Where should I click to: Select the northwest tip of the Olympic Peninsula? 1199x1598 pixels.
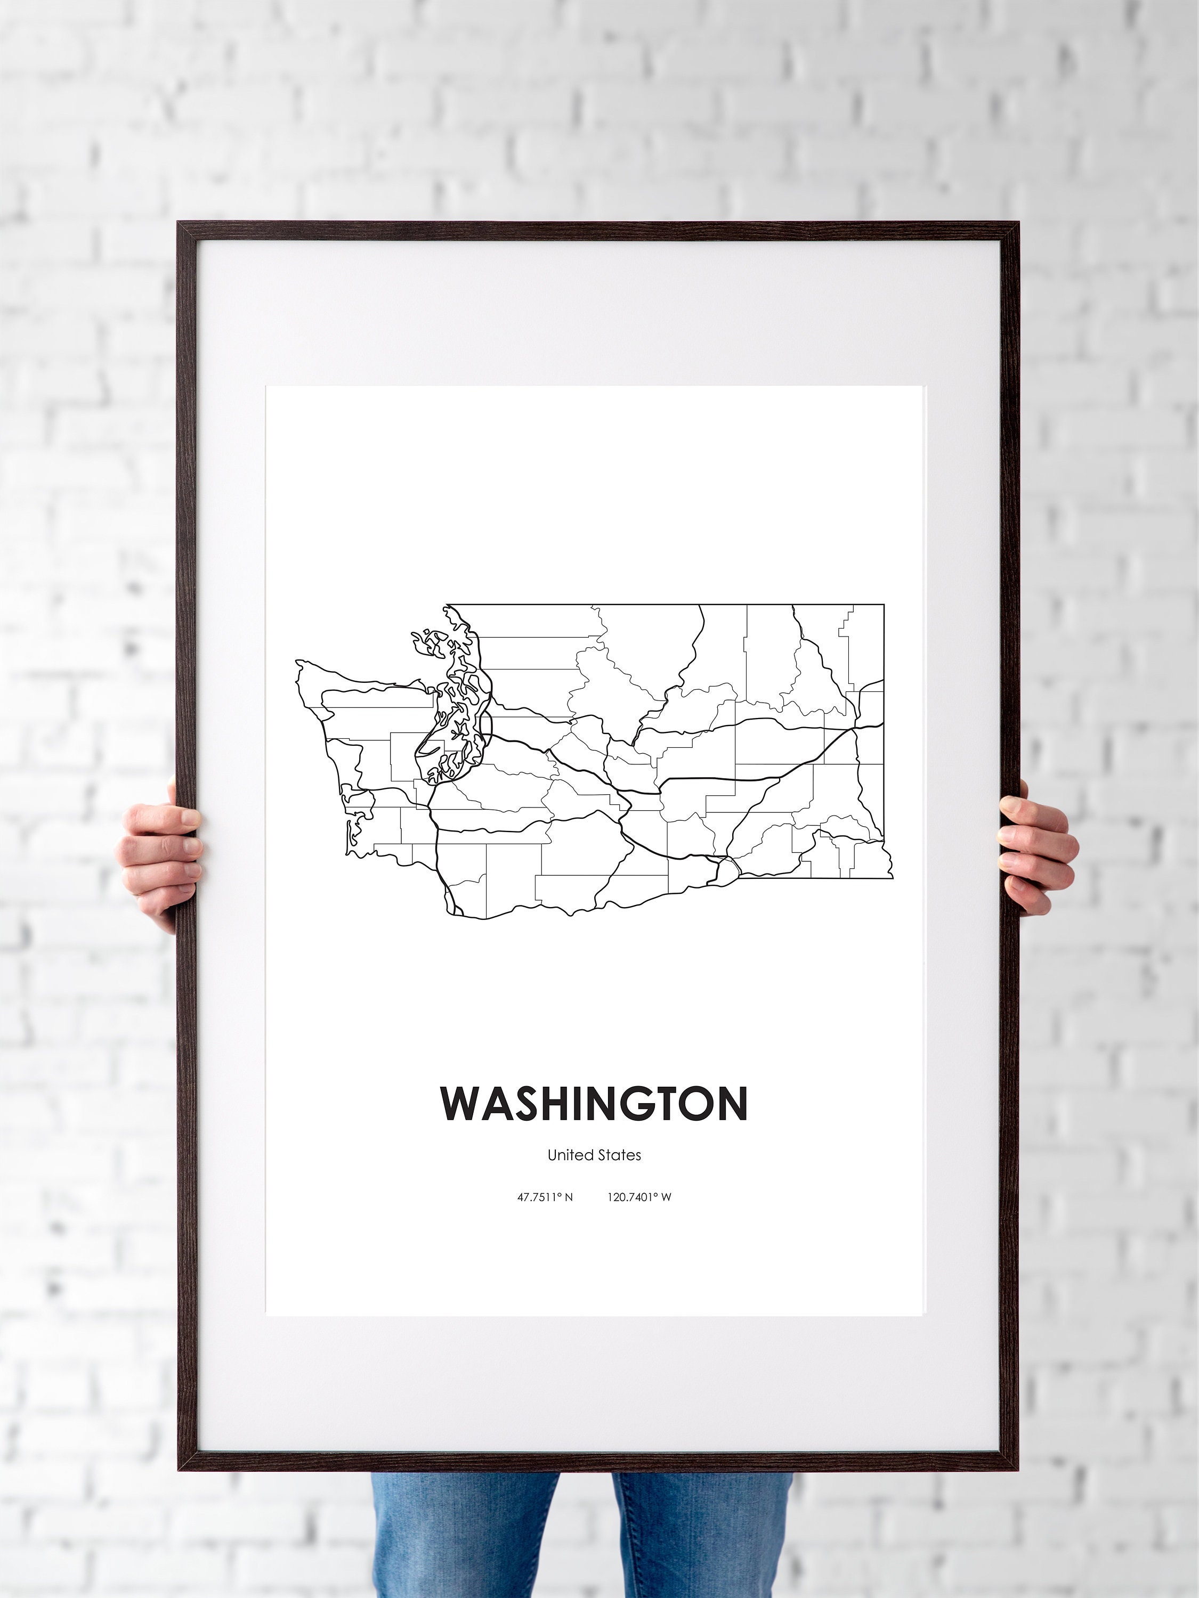coord(298,663)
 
